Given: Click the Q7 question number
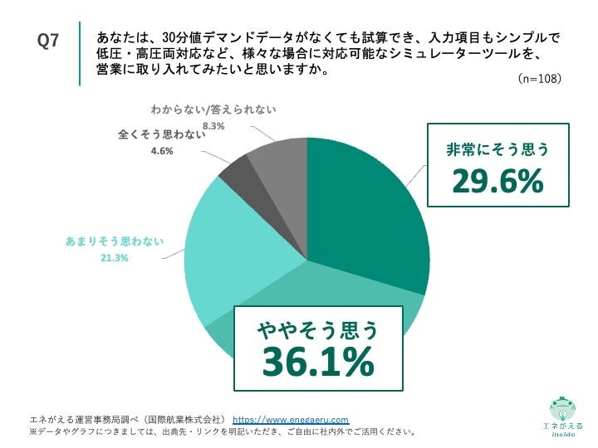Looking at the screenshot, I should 48,41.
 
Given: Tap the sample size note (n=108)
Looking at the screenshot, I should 539,79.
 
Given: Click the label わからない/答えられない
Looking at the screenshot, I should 213,110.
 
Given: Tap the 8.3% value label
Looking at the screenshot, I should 214,126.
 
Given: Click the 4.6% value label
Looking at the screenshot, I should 162,151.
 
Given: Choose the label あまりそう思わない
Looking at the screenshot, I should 114,241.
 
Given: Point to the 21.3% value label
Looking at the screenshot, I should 114,258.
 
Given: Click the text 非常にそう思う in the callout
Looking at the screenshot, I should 498,150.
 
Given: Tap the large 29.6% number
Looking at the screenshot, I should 498,182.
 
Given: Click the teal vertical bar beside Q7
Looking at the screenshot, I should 81,53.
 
